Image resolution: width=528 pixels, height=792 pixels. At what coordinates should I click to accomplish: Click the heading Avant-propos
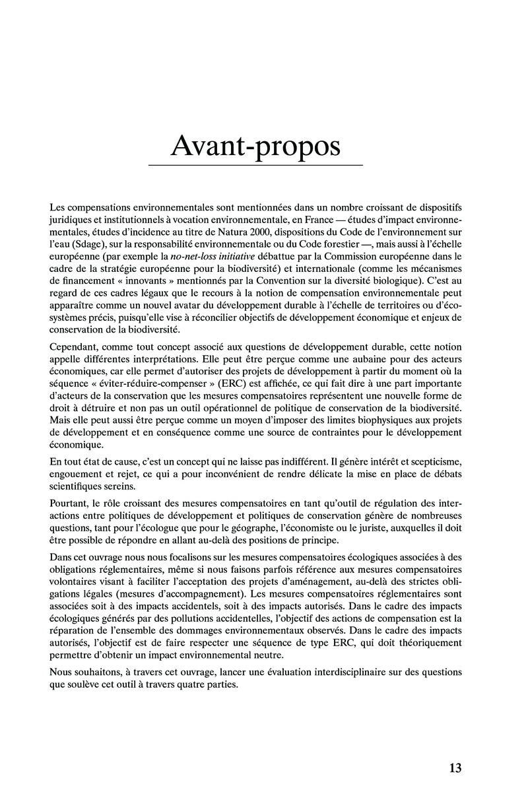255,147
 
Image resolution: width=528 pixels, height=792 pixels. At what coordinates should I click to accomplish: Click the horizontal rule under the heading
255,165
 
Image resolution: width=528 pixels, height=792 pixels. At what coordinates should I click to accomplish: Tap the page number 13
455,768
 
